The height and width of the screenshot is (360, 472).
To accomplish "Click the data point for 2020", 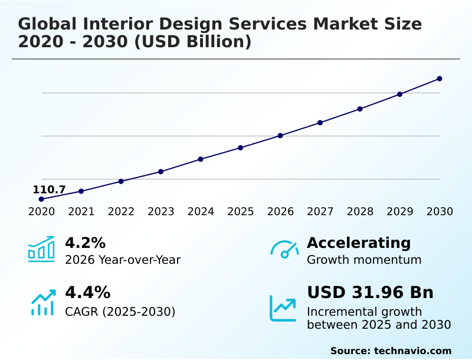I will coord(41,199).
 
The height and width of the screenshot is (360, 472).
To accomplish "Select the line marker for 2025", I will coord(241,148).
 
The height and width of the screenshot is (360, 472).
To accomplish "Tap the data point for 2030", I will coord(440,78).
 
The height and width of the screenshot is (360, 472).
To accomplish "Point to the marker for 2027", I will coord(320,123).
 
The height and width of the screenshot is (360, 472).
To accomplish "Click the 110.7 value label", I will coord(49,189).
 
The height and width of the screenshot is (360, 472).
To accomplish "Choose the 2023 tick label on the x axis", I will coord(161,212).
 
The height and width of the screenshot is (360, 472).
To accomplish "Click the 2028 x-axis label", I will coord(360,212).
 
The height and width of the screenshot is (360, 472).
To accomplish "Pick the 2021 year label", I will coord(81,212).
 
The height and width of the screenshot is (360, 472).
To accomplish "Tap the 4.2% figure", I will coord(85,243).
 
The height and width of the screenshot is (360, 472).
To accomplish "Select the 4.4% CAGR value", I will coord(87,292).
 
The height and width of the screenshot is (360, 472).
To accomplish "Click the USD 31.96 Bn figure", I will coord(370,292).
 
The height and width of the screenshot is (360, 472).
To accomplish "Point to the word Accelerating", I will coord(359,243).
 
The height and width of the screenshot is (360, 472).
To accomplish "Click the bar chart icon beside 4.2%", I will coord(41,250).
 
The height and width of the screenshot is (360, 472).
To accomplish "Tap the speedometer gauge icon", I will coord(284,249).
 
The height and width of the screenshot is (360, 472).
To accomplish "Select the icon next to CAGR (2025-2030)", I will coord(42,302).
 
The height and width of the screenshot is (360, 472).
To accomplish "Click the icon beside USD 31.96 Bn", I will coord(283,308).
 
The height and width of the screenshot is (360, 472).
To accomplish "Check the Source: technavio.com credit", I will coord(391,351).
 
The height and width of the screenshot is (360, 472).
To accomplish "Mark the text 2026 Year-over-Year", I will coord(123,260).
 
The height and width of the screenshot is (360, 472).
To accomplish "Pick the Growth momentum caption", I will coord(364,260).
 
